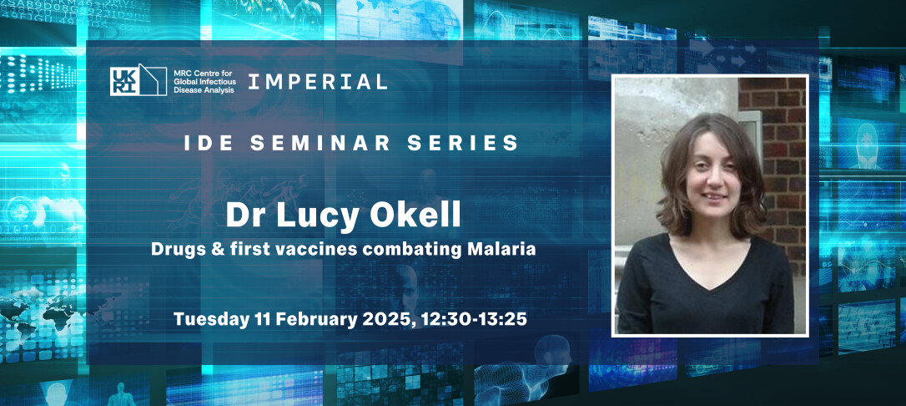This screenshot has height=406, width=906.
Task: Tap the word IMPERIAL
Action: [x=318, y=82]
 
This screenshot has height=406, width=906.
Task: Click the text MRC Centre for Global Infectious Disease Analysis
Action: [x=204, y=81]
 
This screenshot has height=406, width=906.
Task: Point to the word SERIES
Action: [x=468, y=143]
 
